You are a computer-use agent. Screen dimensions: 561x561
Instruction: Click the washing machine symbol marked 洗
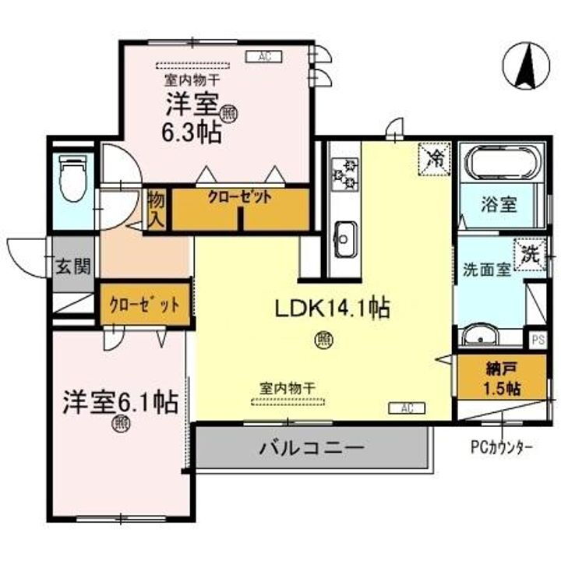[x=529, y=254]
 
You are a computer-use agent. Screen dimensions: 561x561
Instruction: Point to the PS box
[x=537, y=340]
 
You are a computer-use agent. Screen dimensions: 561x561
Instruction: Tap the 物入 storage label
[x=156, y=209]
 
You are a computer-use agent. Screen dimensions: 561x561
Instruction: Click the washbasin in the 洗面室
[x=477, y=337]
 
